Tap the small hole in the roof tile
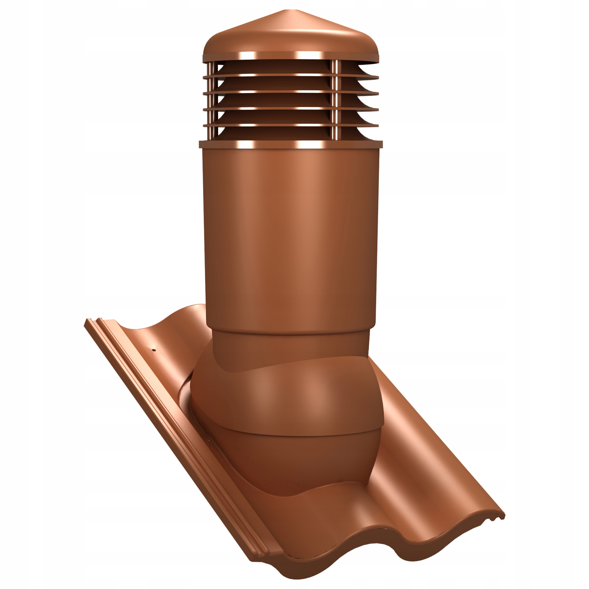point(155,350)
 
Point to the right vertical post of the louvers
point(335,101)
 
